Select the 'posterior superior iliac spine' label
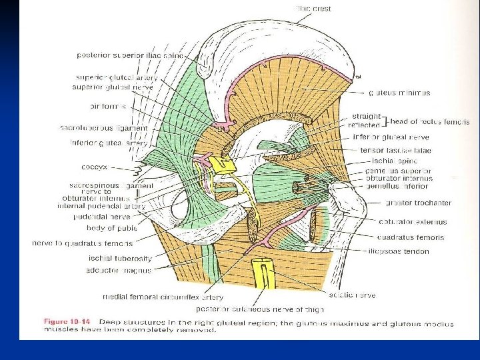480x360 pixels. pos(130,55)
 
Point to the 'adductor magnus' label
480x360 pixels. pos(119,270)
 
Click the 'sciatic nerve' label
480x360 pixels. pos(351,295)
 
